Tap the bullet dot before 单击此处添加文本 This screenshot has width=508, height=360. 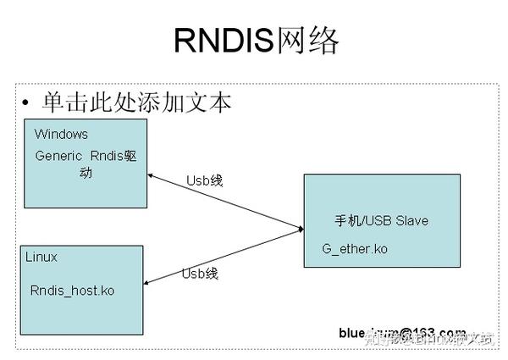26,103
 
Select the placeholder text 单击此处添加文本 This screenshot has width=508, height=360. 136,102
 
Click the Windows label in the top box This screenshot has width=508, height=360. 61,134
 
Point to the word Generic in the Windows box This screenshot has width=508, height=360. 58,156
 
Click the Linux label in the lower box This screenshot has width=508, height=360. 41,257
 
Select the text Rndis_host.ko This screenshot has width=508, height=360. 72,291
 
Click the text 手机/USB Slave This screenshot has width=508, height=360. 382,221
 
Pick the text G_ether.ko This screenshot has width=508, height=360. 355,250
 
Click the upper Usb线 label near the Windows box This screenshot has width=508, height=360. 205,180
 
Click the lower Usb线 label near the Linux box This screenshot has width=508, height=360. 200,273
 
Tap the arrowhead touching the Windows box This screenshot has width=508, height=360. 151,176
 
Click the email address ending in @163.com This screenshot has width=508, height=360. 402,331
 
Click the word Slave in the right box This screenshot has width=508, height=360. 411,221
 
